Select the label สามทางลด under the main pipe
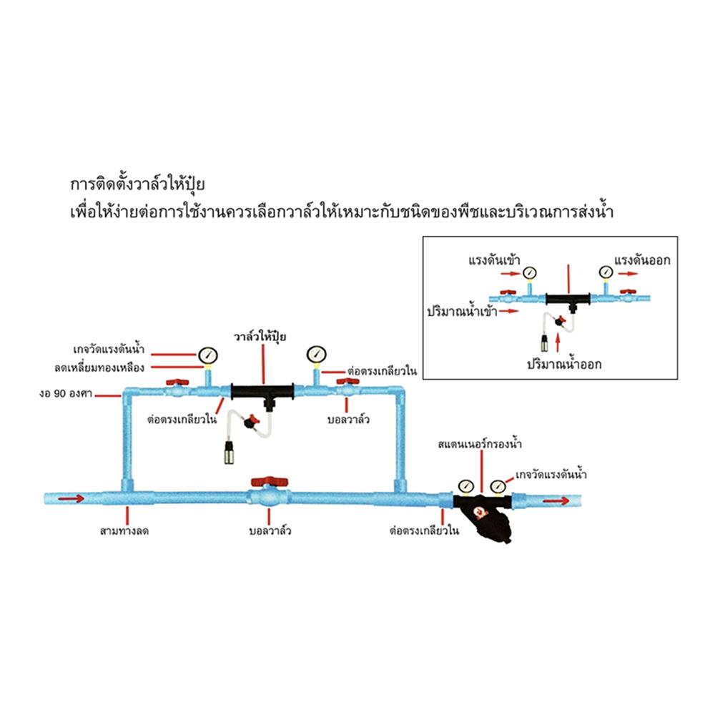point(129,531)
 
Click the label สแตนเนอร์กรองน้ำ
point(480,445)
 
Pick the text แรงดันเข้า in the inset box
point(491,260)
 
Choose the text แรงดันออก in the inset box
point(641,260)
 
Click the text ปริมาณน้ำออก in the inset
point(564,363)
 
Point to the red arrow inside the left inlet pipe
point(71,498)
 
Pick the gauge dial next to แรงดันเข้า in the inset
point(528,272)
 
